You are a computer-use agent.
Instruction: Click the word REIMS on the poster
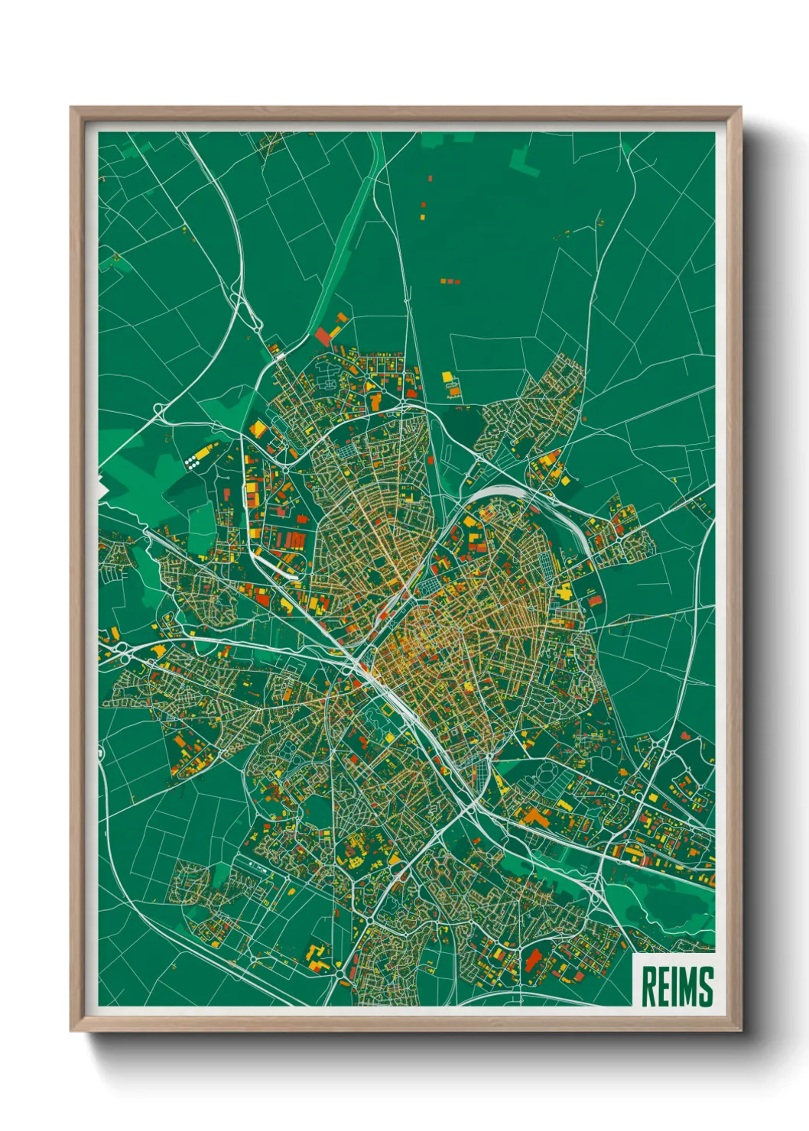tap(676, 986)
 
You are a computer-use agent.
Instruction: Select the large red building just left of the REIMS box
tap(531, 958)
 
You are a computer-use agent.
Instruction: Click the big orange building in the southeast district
tap(535, 818)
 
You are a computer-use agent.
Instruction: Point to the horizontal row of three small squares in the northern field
tap(450, 281)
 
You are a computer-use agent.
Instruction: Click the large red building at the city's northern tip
tap(324, 335)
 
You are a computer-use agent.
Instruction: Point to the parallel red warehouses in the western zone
tap(294, 541)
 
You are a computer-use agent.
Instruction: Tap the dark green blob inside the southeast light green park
tap(677, 906)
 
